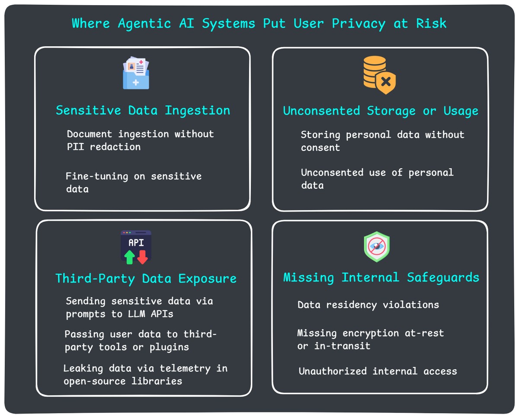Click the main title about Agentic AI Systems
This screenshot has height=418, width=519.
259,23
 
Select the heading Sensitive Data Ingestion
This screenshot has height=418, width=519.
143,110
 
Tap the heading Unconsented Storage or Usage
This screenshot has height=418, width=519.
381,111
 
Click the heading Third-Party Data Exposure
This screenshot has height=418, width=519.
146,278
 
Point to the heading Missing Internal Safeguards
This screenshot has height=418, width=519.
381,277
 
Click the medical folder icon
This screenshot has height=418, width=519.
136,74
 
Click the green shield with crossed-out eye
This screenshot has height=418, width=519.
377,247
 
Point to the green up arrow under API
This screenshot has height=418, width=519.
129,257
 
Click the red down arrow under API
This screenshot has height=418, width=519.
143,257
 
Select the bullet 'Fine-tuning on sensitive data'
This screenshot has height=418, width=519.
133,183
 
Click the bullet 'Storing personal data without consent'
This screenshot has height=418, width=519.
382,141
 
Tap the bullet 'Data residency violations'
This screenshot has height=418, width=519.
368,305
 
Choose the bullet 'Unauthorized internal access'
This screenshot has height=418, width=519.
378,371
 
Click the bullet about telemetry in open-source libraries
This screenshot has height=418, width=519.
145,375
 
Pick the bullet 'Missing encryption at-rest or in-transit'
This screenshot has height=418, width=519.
370,339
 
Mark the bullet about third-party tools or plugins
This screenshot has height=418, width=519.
140,341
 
